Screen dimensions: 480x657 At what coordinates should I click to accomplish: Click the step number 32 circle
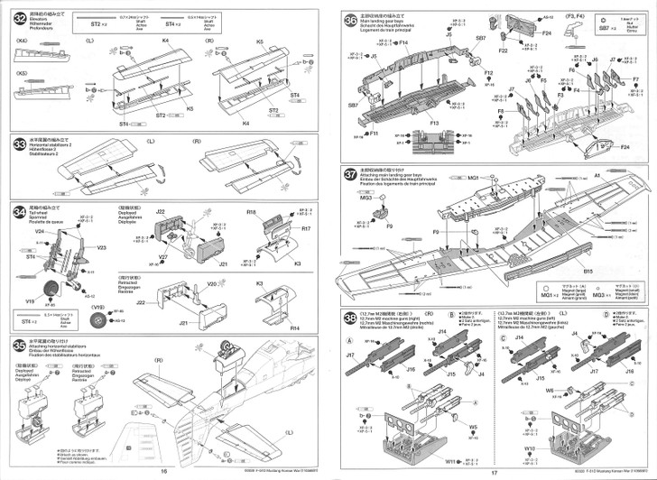click(x=19, y=17)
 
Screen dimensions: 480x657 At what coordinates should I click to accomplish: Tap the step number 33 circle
click(x=19, y=144)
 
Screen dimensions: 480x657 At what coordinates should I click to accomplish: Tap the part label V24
click(x=40, y=231)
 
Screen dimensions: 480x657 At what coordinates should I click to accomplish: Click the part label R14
click(x=294, y=330)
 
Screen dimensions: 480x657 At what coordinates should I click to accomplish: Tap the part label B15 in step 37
click(x=587, y=270)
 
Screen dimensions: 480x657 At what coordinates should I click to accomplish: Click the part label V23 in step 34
click(x=100, y=247)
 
